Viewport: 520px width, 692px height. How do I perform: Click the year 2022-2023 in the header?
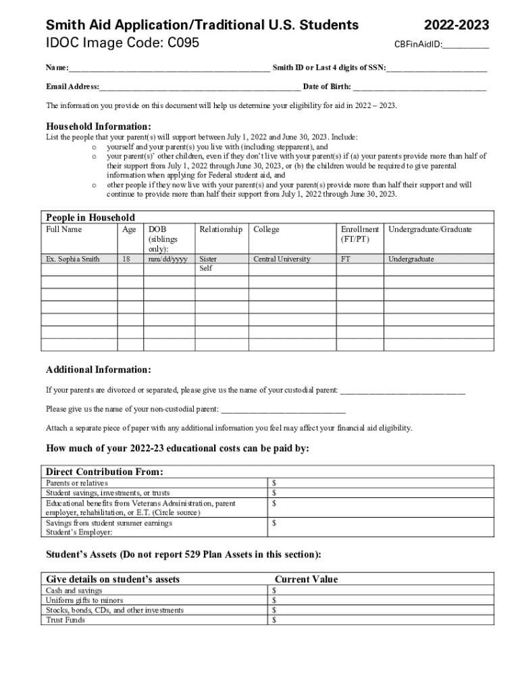[457, 26]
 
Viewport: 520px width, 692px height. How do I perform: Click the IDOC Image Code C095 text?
[122, 43]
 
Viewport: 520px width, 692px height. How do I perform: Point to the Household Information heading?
[98, 126]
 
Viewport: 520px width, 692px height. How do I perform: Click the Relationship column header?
[221, 230]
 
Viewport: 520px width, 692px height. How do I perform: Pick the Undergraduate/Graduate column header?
[430, 230]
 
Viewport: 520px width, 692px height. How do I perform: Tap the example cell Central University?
[282, 259]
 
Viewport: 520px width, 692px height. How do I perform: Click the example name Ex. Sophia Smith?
[72, 259]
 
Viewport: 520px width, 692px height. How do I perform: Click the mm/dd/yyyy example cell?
[168, 259]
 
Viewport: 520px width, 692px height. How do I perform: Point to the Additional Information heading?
[98, 370]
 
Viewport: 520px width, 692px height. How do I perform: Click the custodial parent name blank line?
[402, 391]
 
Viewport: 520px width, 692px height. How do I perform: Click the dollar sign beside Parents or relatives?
[274, 483]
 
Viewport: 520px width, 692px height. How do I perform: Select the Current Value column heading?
[306, 579]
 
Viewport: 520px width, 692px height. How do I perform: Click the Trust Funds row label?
[66, 620]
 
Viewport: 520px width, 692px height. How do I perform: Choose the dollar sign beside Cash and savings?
[274, 591]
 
